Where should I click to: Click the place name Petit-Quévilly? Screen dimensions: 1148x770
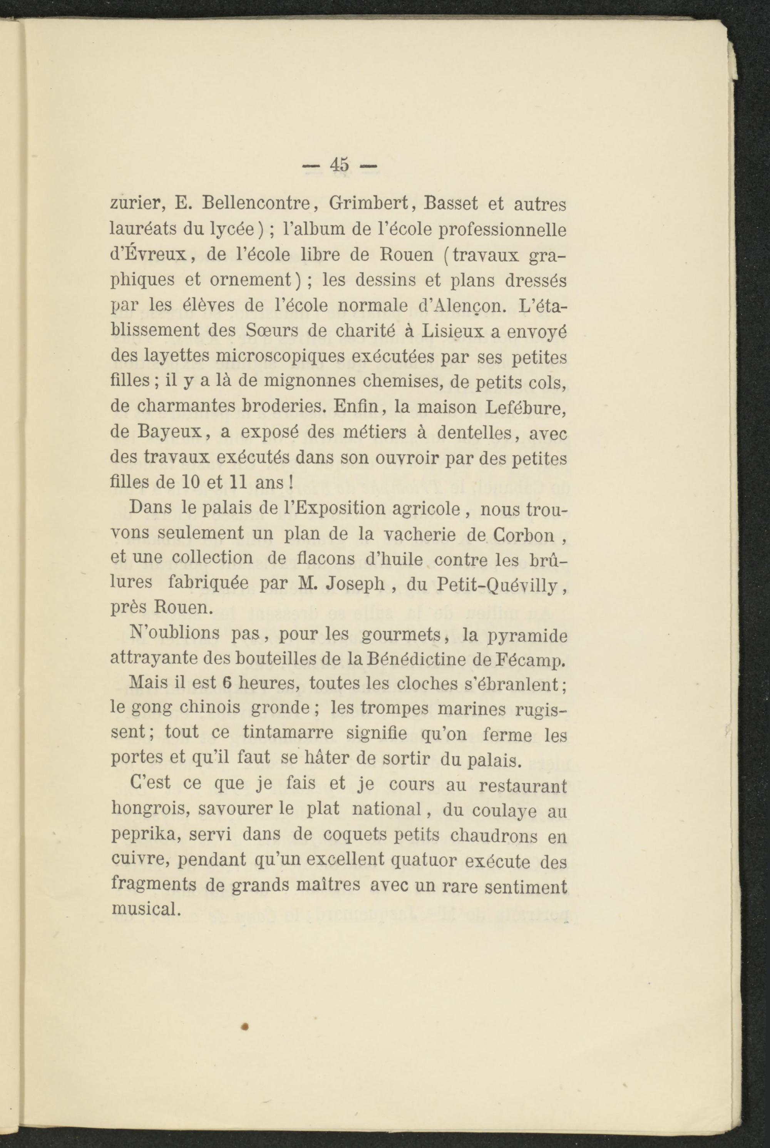(497, 584)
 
